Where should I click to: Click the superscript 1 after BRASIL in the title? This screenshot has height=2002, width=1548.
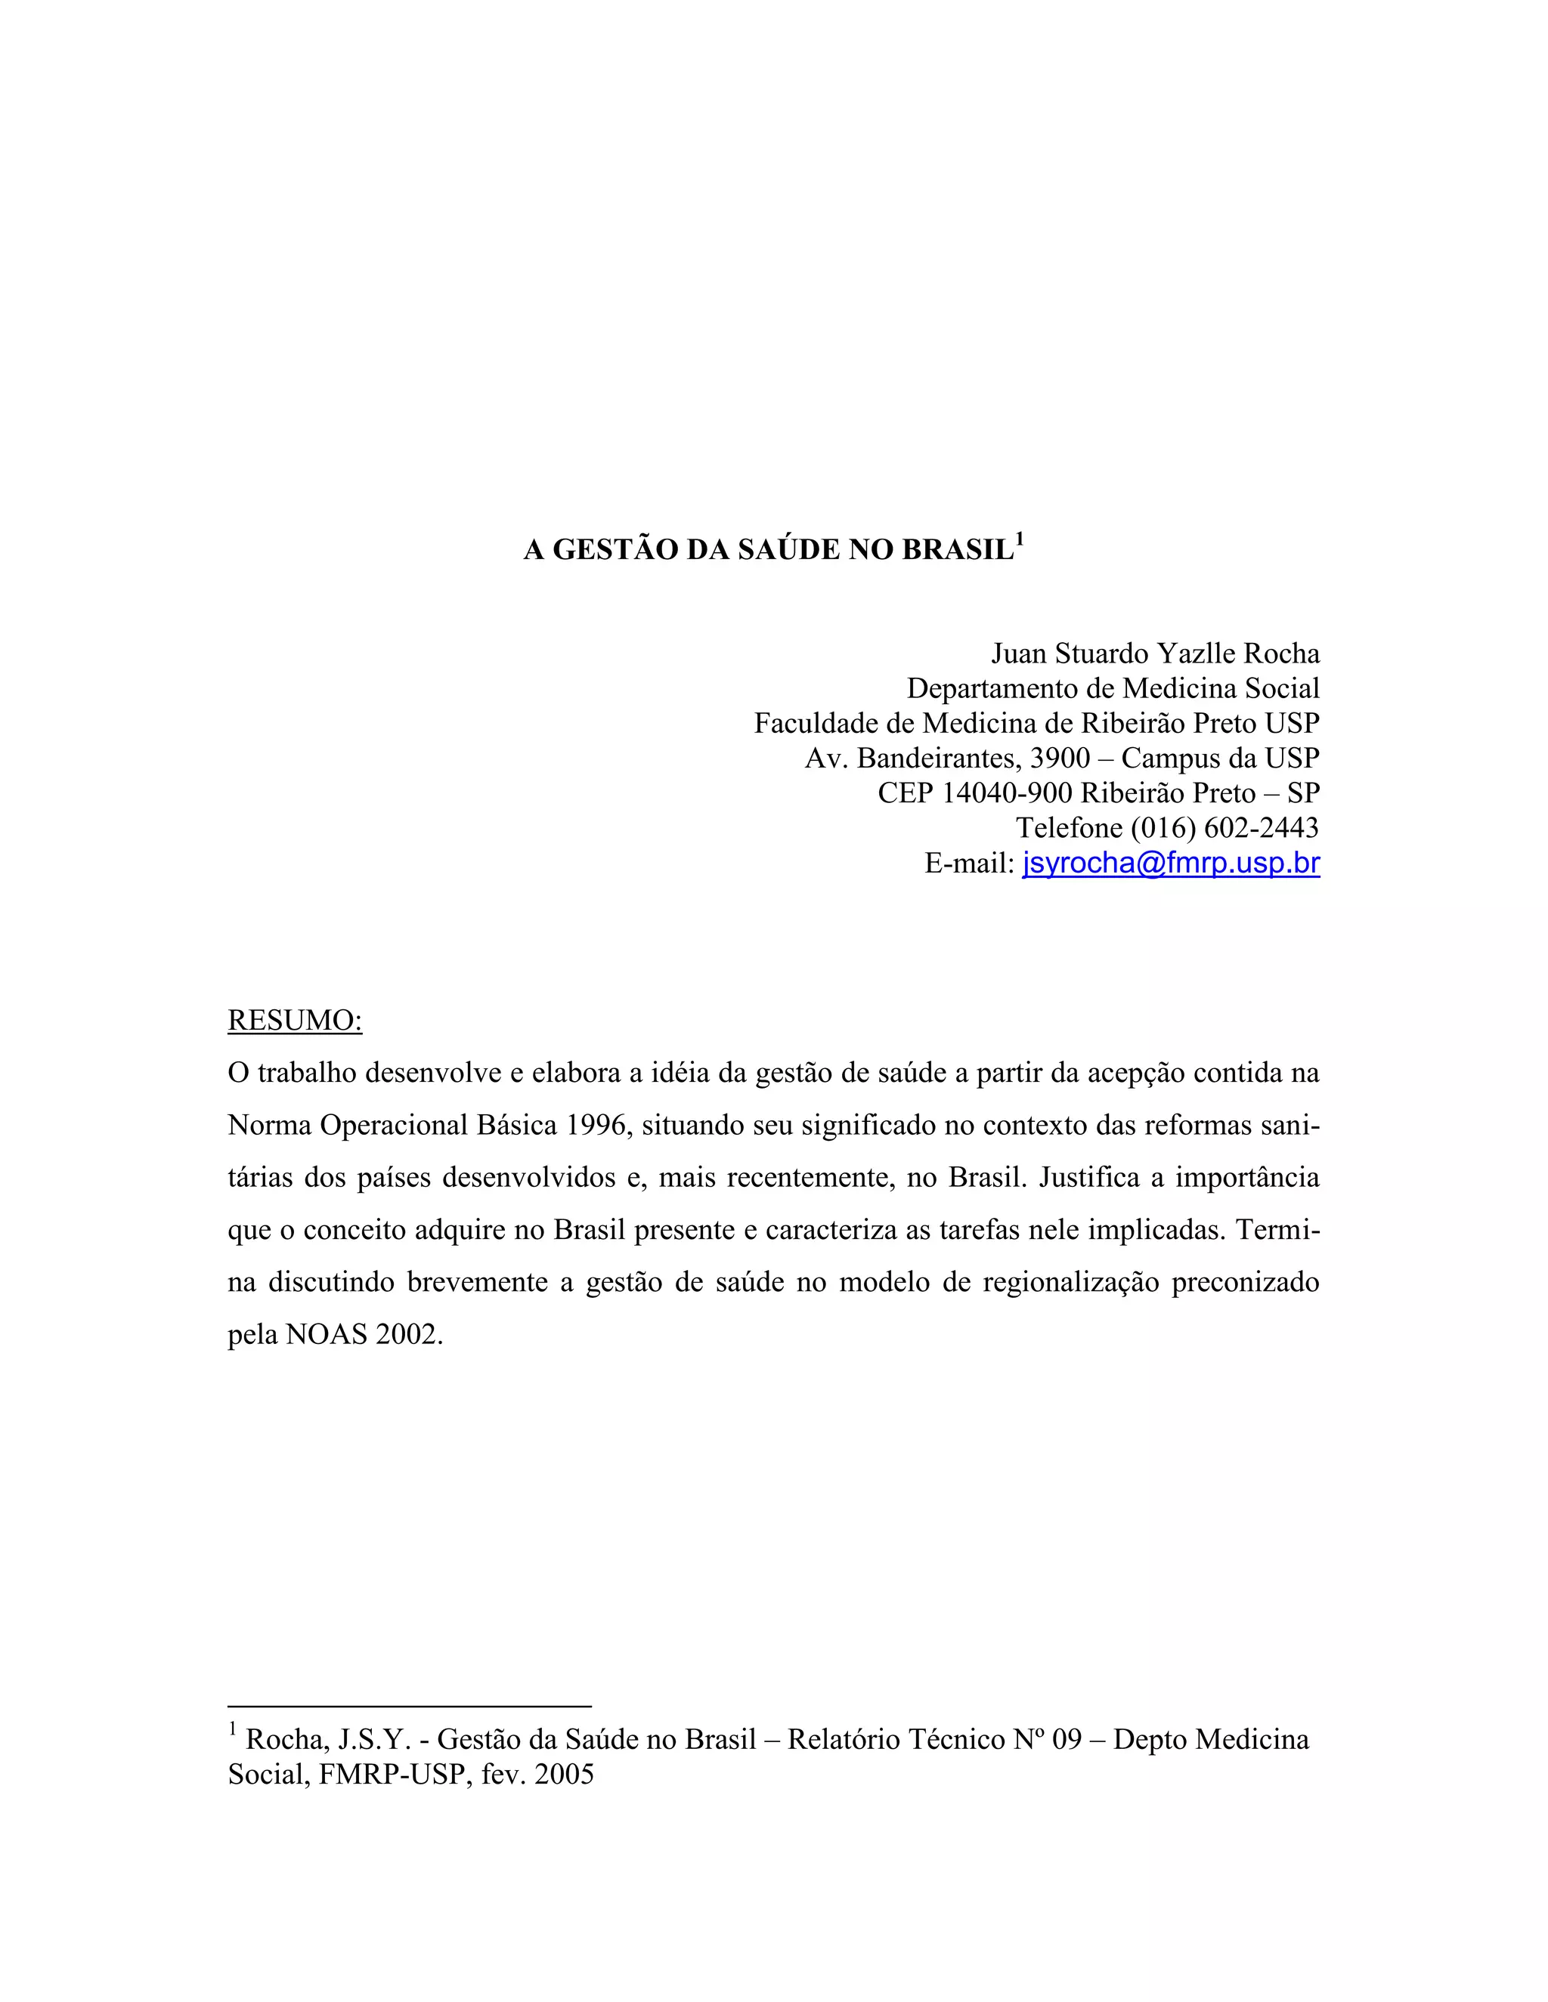point(1020,540)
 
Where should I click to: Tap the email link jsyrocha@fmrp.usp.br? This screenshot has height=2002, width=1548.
point(1171,863)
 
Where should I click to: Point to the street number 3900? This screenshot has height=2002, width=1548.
point(1060,758)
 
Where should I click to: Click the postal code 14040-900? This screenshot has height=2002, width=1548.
point(1007,793)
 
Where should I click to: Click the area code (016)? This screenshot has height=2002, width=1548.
point(1163,828)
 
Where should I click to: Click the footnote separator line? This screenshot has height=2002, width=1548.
point(409,1706)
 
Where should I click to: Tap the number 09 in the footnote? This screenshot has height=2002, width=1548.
point(1067,1739)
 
